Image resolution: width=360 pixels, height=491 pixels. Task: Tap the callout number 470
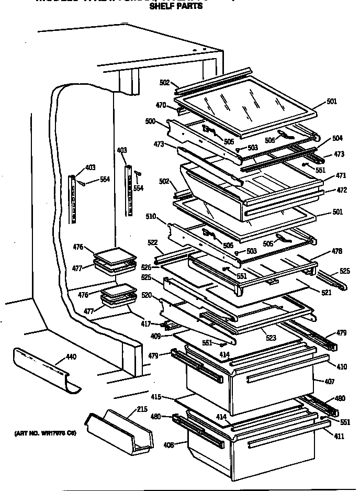160,105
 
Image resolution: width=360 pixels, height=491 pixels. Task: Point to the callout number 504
338,138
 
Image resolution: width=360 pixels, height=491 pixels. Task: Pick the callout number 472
342,190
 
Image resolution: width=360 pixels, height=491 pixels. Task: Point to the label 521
327,293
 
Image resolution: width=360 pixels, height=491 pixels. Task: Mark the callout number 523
271,338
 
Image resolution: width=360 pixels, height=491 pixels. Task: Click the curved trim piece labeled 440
44,369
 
